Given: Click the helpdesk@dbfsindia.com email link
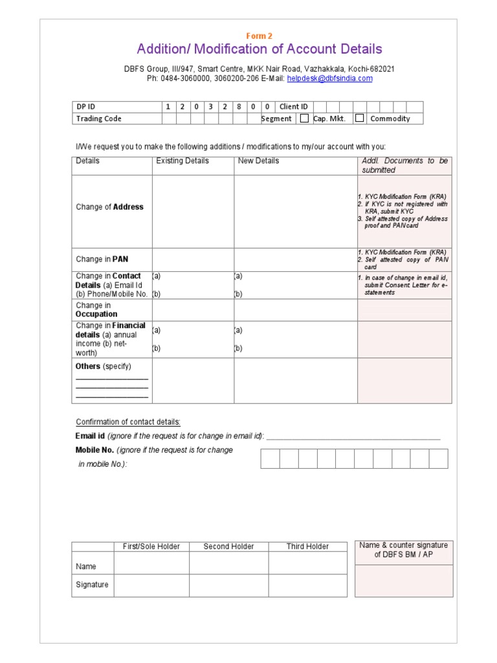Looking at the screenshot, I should click(329, 78).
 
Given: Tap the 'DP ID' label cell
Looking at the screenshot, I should click(86, 107).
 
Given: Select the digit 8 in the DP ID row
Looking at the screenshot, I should click(239, 107).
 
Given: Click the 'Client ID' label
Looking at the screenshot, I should click(294, 107).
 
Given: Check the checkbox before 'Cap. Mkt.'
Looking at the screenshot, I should click(304, 118).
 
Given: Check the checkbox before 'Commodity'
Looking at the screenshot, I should click(360, 118).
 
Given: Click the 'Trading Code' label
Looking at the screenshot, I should click(98, 118).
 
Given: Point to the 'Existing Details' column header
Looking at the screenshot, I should click(182, 161).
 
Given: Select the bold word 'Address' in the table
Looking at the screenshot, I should click(128, 207).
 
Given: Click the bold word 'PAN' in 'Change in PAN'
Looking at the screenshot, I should click(120, 260).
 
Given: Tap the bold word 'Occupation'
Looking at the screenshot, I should click(96, 315).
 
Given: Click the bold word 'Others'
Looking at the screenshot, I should click(88, 366).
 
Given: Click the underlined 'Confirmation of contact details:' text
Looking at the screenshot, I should click(128, 422).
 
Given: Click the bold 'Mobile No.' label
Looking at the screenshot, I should click(94, 450).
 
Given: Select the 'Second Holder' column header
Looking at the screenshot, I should click(228, 546).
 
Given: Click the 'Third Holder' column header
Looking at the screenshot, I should click(307, 546).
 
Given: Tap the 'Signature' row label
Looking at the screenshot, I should click(92, 585).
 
